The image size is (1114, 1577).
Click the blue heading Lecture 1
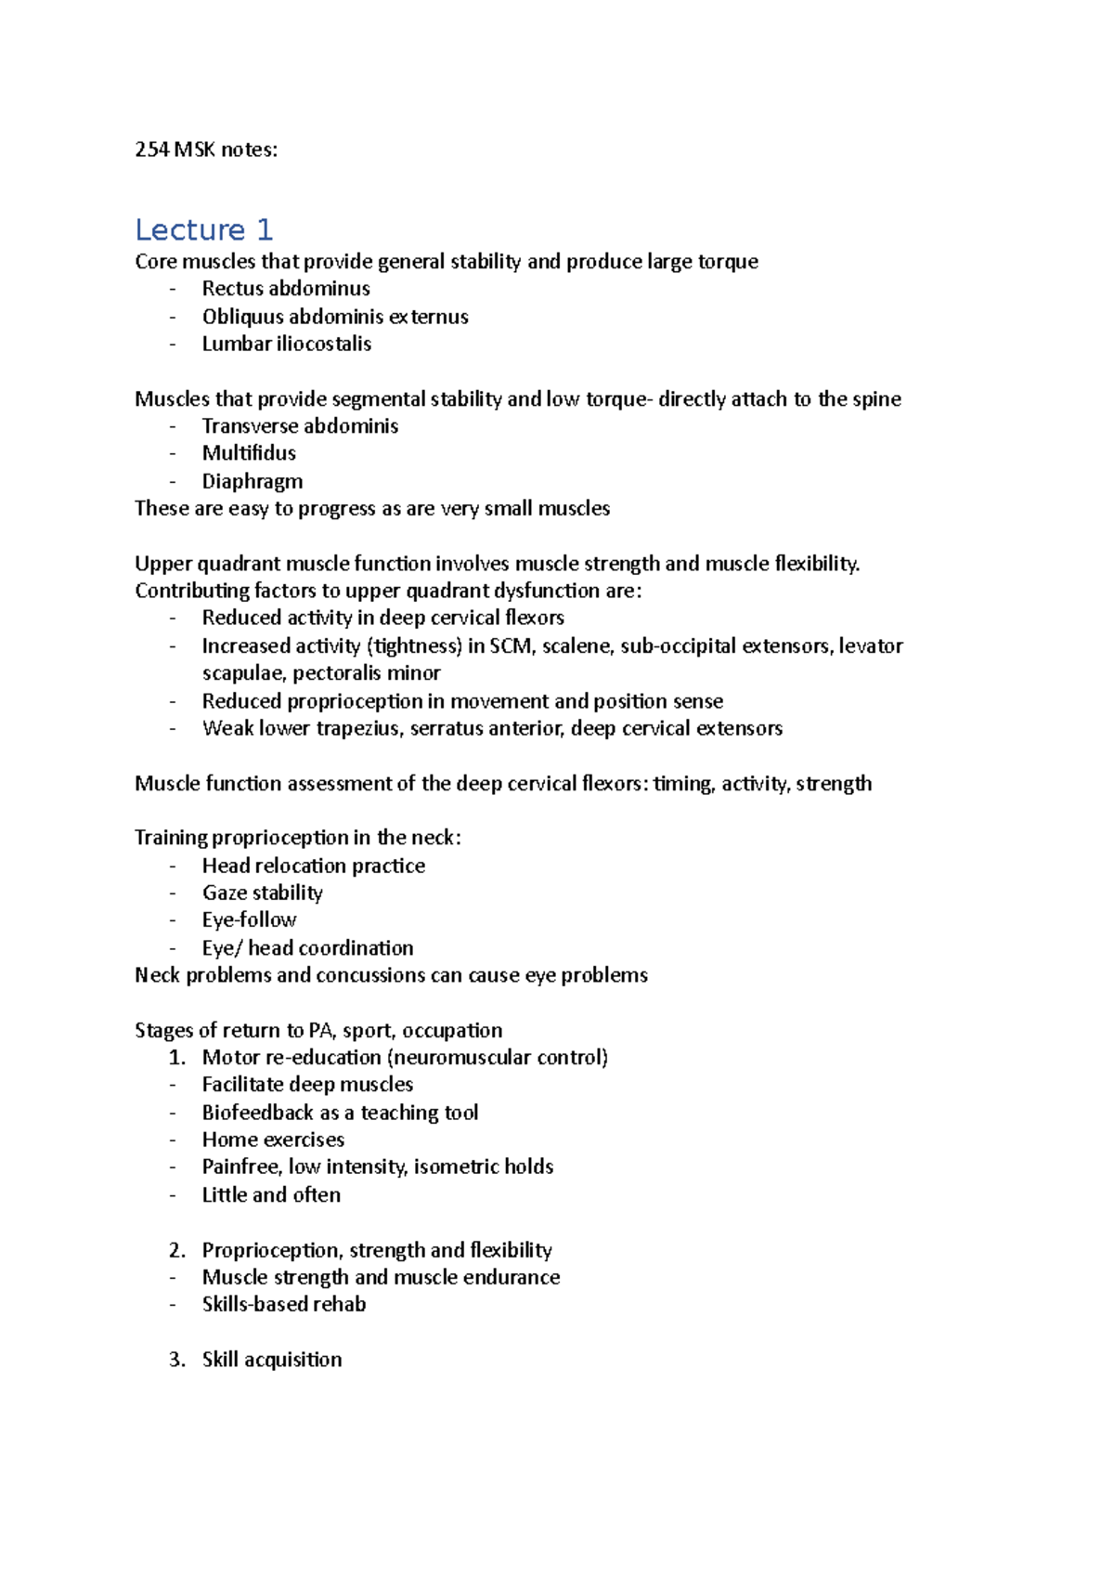[x=203, y=229]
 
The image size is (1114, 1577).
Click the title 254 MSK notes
[x=205, y=150]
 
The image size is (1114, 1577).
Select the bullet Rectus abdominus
[x=286, y=289]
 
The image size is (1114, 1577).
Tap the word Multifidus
[x=249, y=453]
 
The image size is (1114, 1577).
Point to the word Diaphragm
[x=253, y=481]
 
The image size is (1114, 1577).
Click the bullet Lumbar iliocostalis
[x=287, y=344]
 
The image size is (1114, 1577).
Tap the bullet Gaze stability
[x=263, y=893]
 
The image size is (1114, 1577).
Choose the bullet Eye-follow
[x=249, y=919]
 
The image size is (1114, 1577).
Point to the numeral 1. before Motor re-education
[x=177, y=1057]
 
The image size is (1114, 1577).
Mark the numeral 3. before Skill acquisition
[x=177, y=1360]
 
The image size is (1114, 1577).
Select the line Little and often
[x=271, y=1195]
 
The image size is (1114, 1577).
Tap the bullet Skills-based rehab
[x=284, y=1304]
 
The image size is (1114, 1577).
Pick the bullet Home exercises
[x=273, y=1140]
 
